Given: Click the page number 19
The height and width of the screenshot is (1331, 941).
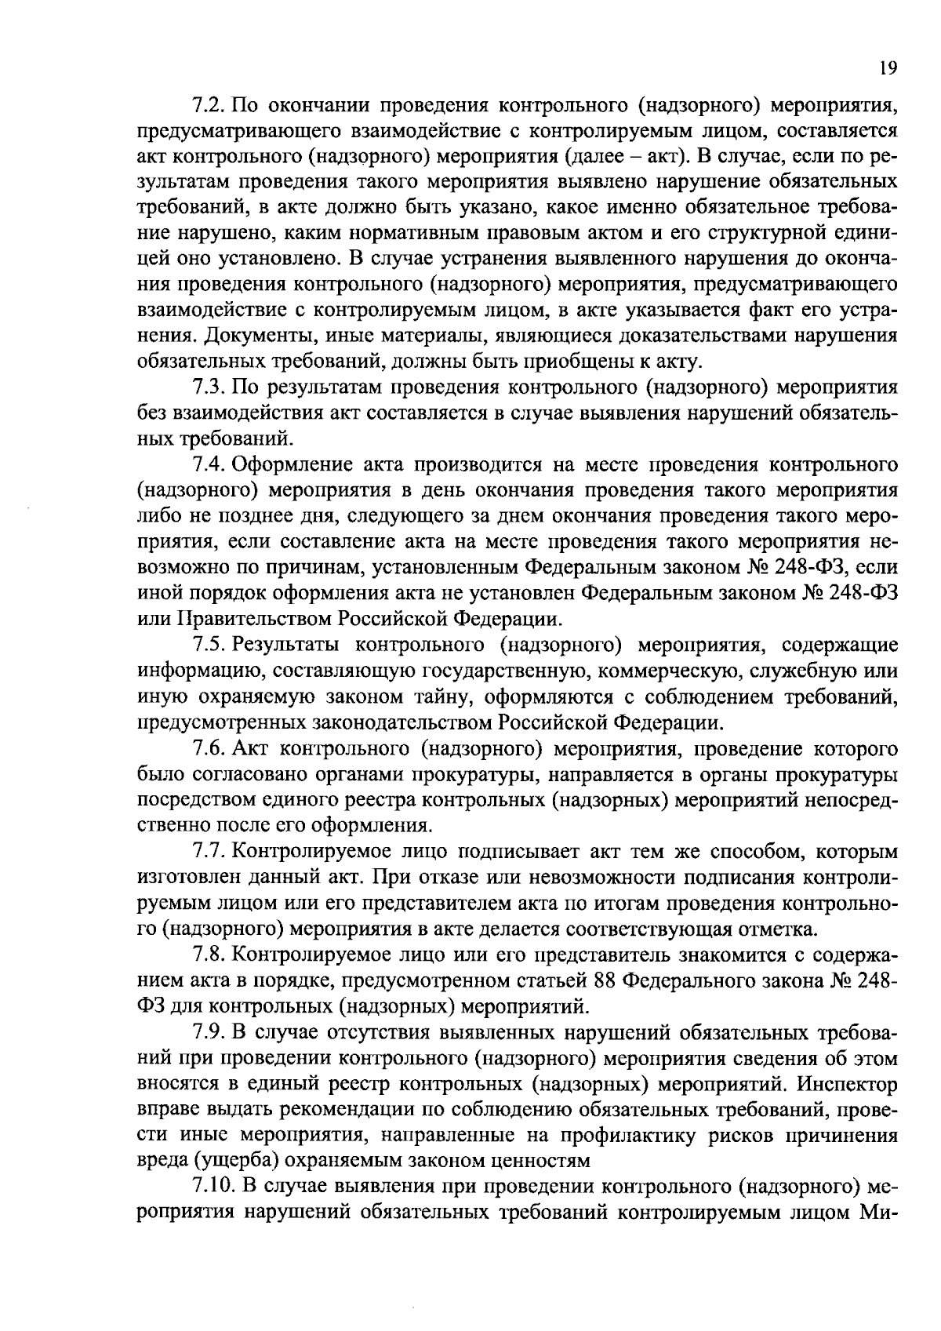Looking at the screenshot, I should click(887, 68).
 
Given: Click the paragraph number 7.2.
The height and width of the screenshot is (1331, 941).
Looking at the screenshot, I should click(209, 105).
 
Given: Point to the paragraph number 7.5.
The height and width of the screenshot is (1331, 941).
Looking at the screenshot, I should click(209, 645).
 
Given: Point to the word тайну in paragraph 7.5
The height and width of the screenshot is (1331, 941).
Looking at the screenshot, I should click(441, 696).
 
